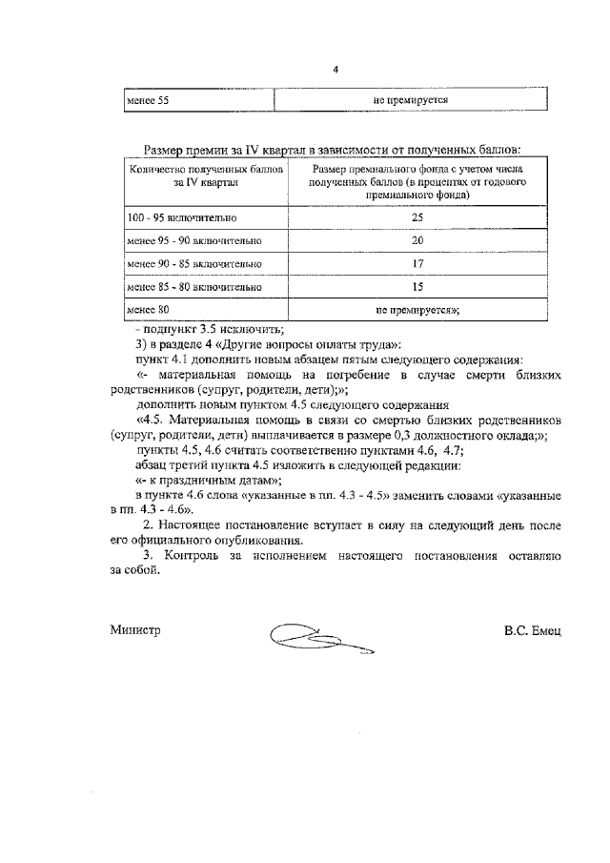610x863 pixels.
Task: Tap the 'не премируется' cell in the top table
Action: click(x=411, y=99)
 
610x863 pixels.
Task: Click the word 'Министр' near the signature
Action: click(x=135, y=630)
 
